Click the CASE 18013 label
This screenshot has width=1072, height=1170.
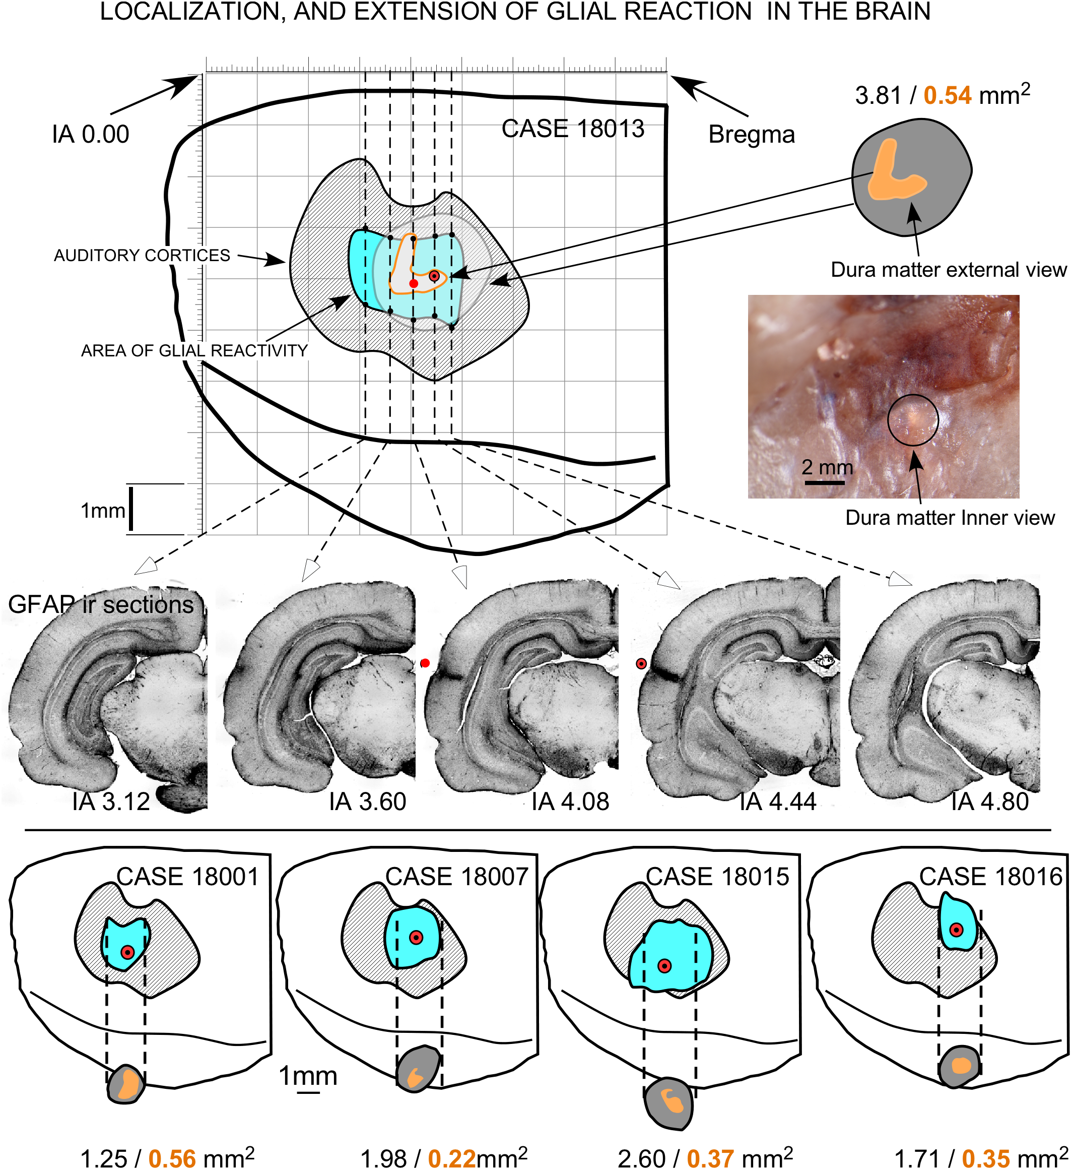[x=573, y=129]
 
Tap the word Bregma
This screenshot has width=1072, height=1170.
[x=751, y=135]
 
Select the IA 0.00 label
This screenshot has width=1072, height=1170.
[x=91, y=135]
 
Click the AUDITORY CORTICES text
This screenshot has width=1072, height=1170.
[x=142, y=256]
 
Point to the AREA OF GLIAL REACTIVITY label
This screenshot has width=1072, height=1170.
[x=194, y=350]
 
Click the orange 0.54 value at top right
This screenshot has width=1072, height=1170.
[x=947, y=96]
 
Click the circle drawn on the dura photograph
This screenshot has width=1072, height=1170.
[x=912, y=420]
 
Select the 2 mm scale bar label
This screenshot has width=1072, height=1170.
[x=827, y=467]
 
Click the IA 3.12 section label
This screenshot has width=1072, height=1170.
[x=111, y=802]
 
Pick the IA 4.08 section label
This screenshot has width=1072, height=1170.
[x=570, y=802]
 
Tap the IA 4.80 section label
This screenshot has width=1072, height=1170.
[x=989, y=802]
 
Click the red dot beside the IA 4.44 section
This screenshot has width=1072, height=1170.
[x=641, y=663]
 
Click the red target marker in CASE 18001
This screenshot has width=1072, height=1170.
[x=127, y=952]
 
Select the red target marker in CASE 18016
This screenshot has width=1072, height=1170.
[x=956, y=930]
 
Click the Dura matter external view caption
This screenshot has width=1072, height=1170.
[x=949, y=270]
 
